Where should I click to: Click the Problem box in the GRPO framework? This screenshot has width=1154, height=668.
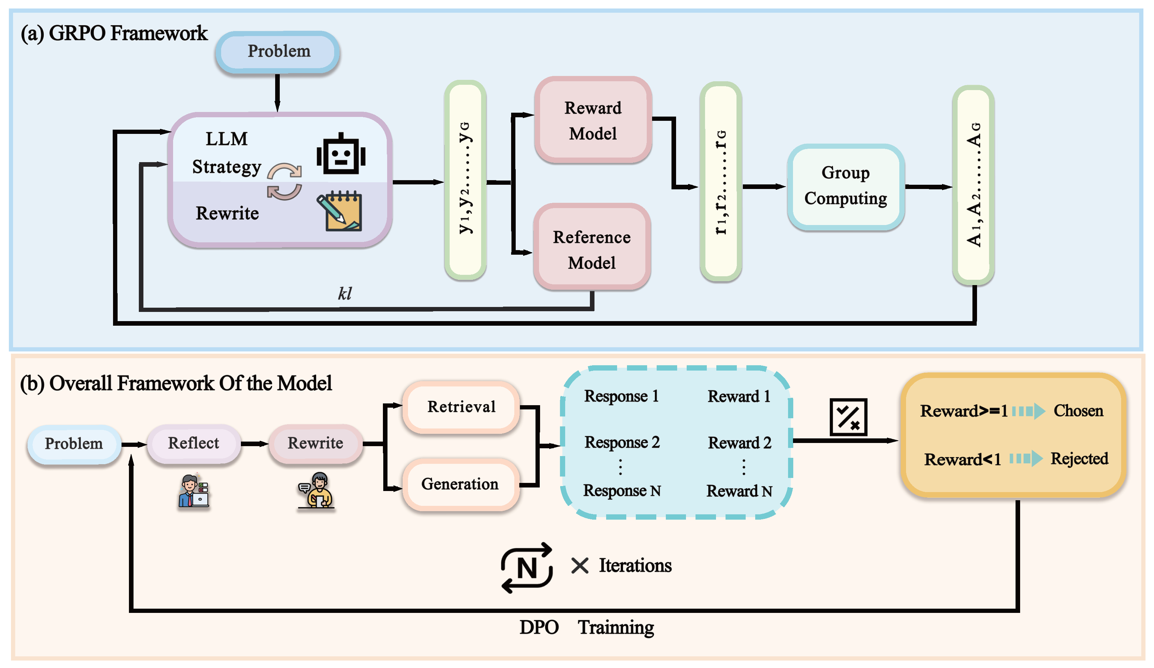tap(278, 52)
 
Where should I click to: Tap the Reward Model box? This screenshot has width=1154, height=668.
tap(593, 120)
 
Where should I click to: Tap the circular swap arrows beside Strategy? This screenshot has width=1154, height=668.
tap(284, 182)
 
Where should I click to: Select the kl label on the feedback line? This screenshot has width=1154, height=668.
tap(345, 294)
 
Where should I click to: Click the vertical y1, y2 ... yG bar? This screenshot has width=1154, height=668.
tap(465, 180)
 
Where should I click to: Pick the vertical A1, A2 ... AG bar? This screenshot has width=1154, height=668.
tap(973, 185)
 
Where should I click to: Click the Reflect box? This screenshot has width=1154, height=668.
tap(193, 443)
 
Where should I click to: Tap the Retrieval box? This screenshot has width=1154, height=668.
tap(461, 407)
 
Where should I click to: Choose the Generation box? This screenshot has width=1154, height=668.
tap(460, 484)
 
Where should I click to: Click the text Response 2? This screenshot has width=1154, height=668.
tap(622, 442)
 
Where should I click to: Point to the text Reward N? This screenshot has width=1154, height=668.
tap(739, 491)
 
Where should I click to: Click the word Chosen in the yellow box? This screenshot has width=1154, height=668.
tap(1078, 411)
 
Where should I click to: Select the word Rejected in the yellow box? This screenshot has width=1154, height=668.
tap(1079, 458)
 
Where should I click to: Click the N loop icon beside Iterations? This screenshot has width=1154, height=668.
tap(527, 568)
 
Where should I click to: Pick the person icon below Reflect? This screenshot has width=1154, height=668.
tap(194, 491)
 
